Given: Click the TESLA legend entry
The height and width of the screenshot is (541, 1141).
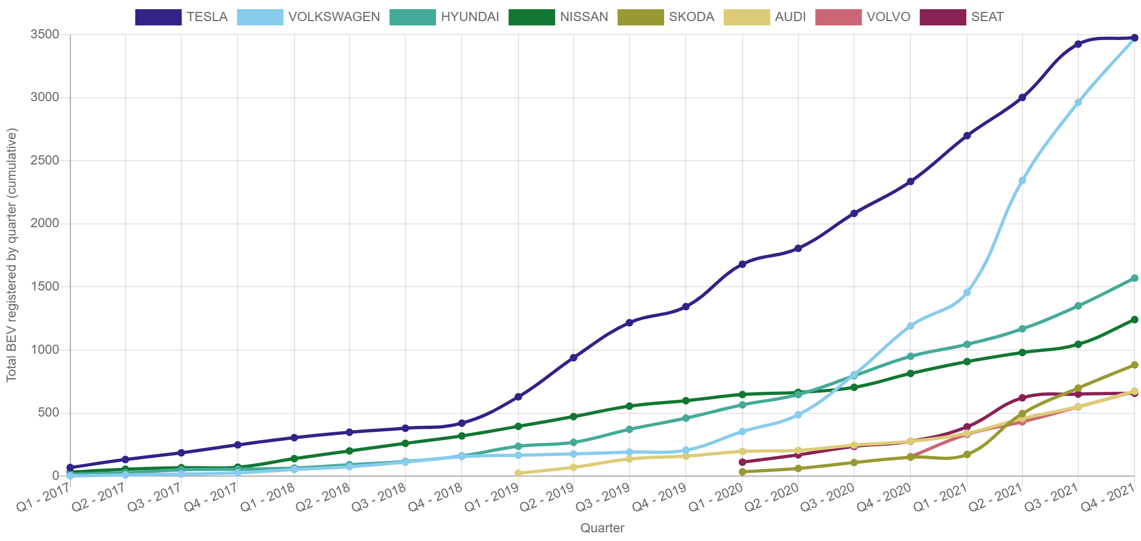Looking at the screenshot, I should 182,17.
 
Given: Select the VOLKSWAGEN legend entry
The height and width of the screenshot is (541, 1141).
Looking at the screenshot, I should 309,17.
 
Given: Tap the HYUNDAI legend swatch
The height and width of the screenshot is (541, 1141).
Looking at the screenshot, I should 412,17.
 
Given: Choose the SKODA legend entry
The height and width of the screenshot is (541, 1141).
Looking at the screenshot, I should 666,17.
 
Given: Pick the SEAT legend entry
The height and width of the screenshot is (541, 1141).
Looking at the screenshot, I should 962,17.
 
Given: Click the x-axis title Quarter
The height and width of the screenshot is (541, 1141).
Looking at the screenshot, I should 602,528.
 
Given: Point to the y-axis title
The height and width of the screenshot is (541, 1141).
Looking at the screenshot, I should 12,254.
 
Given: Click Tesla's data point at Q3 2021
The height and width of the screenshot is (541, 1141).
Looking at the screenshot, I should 1078,44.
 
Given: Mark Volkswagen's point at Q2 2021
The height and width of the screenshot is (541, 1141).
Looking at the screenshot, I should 1022,180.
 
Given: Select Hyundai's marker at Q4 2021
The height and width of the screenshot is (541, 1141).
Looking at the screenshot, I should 1135,278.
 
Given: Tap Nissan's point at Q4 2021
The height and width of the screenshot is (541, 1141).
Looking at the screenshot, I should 1135,320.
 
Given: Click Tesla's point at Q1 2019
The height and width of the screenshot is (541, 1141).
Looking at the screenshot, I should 518,397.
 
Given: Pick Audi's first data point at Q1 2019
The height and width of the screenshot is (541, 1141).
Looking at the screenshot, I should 518,473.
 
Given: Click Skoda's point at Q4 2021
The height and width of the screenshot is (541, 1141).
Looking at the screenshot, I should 1135,365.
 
